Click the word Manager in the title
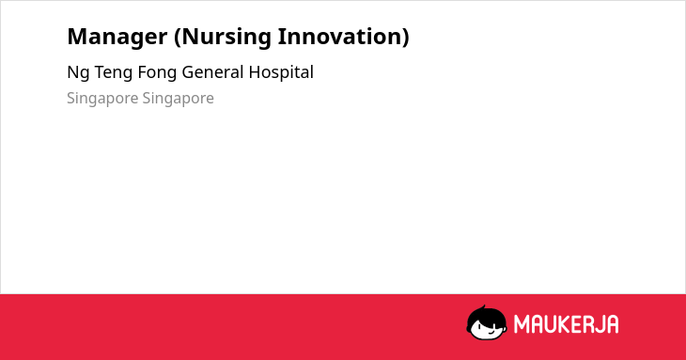click(x=117, y=38)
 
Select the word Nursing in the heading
click(x=226, y=38)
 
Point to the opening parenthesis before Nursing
click(x=178, y=38)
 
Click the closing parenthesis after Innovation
click(x=405, y=38)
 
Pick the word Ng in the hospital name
click(x=78, y=73)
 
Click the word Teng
click(x=114, y=73)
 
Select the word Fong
click(x=157, y=73)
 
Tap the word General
click(x=212, y=72)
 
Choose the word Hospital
click(x=281, y=73)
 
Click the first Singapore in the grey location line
click(x=102, y=99)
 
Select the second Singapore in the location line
click(x=178, y=99)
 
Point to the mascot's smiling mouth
click(x=491, y=332)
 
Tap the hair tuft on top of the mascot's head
click(x=482, y=307)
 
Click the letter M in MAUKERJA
click(x=522, y=324)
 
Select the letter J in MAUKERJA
click(x=597, y=324)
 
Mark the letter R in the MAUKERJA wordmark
click(x=585, y=324)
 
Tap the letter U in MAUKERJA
click(x=550, y=324)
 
